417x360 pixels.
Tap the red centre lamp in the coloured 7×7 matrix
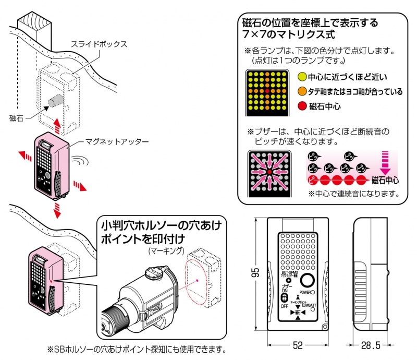point(267,91)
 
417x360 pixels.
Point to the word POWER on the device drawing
point(306,293)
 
